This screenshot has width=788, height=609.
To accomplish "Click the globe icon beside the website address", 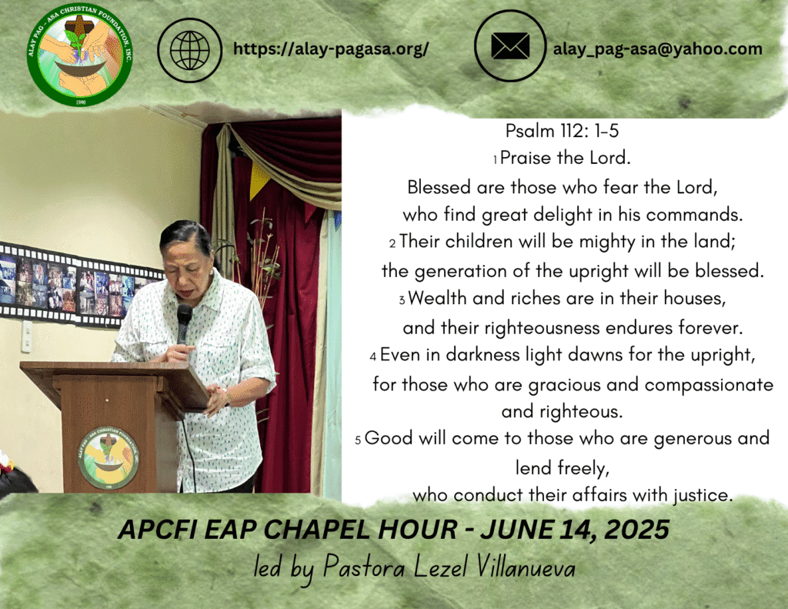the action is point(190,50).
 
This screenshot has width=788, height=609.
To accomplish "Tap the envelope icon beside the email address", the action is point(510,45).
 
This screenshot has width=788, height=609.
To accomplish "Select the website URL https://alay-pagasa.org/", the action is point(331,49).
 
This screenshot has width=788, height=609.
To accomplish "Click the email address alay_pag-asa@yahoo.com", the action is point(658,49).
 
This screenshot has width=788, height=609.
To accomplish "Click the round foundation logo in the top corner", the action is point(80,55).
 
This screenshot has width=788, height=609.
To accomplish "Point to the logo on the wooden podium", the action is point(109,457).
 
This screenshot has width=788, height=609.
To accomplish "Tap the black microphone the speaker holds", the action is point(184,323).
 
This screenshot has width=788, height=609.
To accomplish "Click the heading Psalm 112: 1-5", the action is point(562,131).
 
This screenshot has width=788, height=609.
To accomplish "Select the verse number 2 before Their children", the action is point(392,244).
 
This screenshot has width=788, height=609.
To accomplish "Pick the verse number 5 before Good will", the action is point(358,441).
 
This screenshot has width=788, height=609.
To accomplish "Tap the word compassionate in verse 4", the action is point(709,385).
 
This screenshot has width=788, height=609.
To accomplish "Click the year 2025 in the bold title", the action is point(636,530).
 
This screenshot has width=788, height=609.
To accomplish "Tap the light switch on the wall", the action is point(26,336).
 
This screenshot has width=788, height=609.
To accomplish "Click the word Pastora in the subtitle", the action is point(363,566).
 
